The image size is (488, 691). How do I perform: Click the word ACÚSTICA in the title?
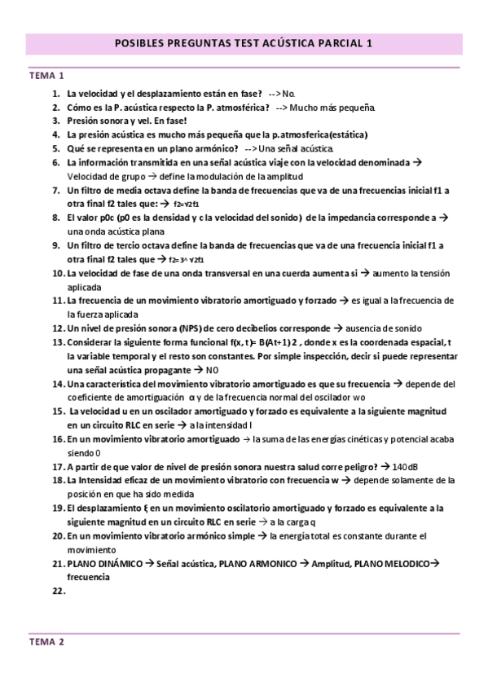pyautogui.click(x=284, y=46)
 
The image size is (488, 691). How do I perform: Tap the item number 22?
pyautogui.click(x=57, y=592)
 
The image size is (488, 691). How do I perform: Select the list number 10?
pyautogui.click(x=57, y=273)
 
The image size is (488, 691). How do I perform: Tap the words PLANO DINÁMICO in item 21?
pyautogui.click(x=105, y=564)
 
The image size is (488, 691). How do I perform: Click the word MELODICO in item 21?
pyautogui.click(x=402, y=564)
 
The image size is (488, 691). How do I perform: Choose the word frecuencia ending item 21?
pyautogui.click(x=89, y=578)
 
